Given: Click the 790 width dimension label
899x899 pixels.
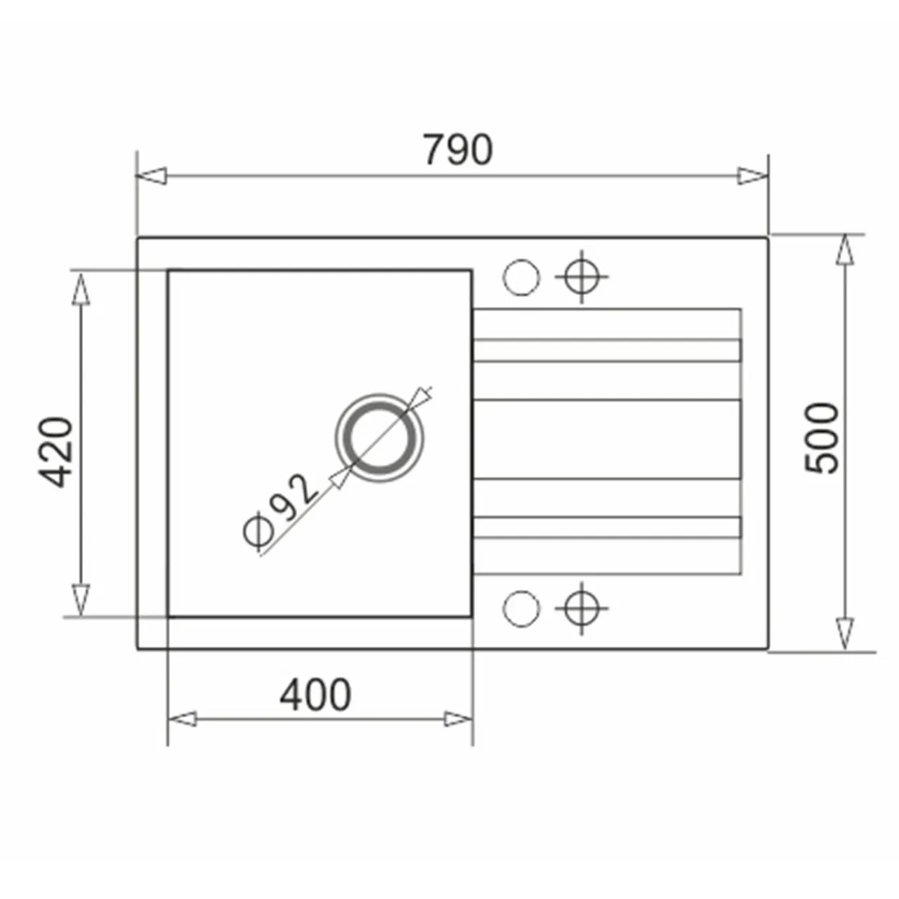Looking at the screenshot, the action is pyautogui.click(x=457, y=150).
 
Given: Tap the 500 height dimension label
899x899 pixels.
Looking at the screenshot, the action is pyautogui.click(x=822, y=438).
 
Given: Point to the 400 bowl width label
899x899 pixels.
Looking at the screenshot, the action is pyautogui.click(x=315, y=695).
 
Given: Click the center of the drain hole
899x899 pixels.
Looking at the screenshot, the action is pyautogui.click(x=379, y=438).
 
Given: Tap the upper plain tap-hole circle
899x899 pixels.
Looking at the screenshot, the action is pyautogui.click(x=521, y=277).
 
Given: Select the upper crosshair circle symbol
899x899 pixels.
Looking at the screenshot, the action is pyautogui.click(x=582, y=277).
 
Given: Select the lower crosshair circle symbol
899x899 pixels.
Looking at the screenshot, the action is pyautogui.click(x=582, y=608).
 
